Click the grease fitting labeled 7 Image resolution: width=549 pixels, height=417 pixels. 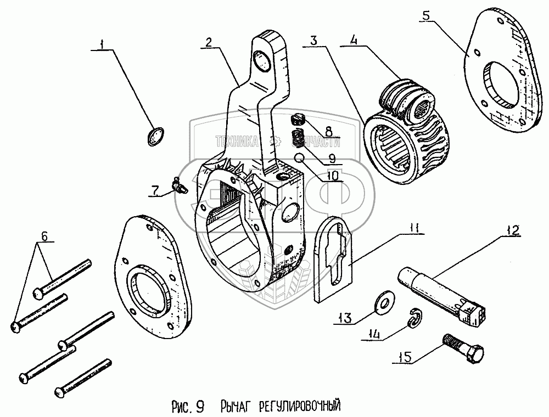point(178,185)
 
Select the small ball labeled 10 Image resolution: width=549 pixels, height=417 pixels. point(300,158)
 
